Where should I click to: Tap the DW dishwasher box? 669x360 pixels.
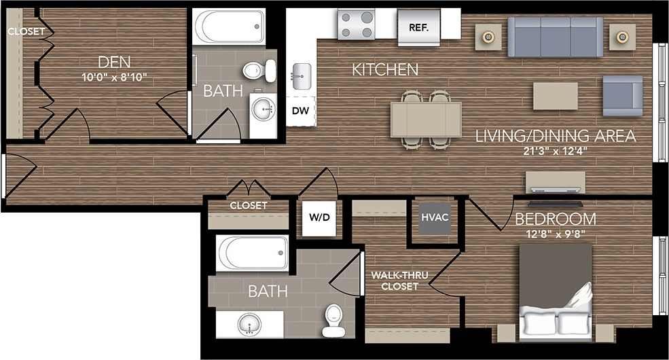(300, 110)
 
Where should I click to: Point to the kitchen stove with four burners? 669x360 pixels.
(357, 25)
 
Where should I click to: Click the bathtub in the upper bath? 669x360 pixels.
(230, 26)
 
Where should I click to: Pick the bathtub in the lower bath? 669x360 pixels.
(253, 253)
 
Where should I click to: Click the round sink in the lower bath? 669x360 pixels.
(249, 325)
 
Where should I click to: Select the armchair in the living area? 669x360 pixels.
(622, 95)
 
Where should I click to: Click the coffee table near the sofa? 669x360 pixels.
(555, 96)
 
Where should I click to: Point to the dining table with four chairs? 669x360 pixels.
(426, 120)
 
